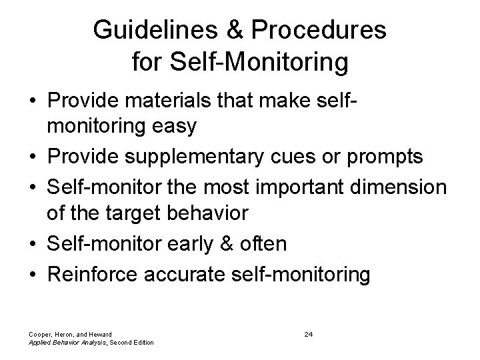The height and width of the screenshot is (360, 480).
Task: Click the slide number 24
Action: [x=309, y=333]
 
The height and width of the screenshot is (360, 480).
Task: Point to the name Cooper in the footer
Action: [x=38, y=333]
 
